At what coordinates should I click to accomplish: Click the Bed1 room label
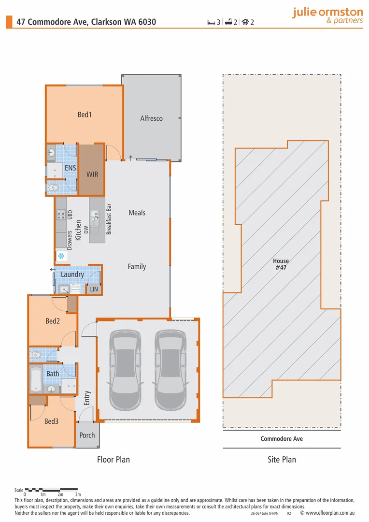click(x=85, y=115)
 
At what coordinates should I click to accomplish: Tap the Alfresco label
click(x=151, y=118)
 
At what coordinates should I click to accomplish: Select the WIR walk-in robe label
click(x=92, y=174)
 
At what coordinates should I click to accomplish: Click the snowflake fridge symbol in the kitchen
click(x=61, y=256)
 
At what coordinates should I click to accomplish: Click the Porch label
click(x=87, y=435)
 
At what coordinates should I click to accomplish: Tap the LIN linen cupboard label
click(x=94, y=290)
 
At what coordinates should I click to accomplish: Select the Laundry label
click(x=72, y=275)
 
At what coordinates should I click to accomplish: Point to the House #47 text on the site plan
click(x=281, y=264)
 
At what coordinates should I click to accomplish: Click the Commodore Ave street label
click(x=282, y=439)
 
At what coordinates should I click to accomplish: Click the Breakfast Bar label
click(x=109, y=219)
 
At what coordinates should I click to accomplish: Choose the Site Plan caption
click(x=282, y=460)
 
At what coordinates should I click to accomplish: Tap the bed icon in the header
click(x=211, y=22)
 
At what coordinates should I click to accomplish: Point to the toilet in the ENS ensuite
click(x=52, y=187)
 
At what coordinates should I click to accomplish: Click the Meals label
click(x=137, y=213)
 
